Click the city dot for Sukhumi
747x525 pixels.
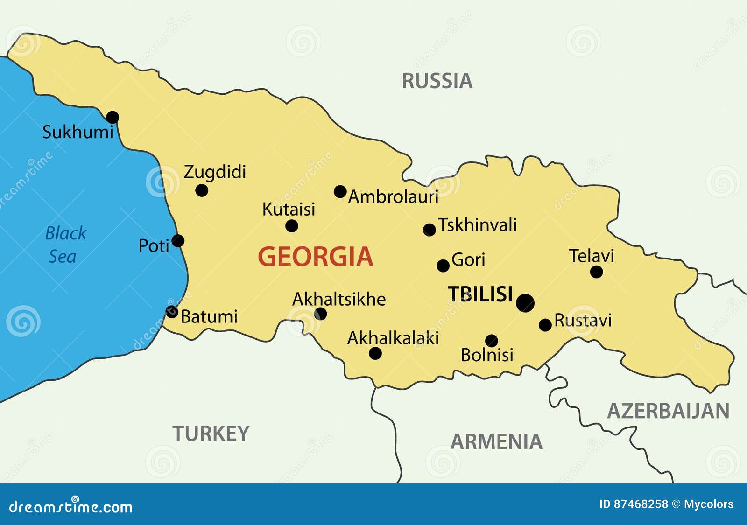click(x=113, y=117)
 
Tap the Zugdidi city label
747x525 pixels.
click(x=215, y=172)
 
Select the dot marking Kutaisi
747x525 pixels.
click(x=292, y=226)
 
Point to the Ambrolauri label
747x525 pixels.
click(x=393, y=197)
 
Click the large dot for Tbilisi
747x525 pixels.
click(x=525, y=303)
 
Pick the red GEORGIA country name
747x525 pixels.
click(x=316, y=257)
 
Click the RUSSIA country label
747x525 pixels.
click(x=437, y=81)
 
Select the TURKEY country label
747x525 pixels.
click(x=211, y=434)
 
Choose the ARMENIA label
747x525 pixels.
click(x=496, y=442)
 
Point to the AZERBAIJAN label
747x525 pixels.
click(x=668, y=412)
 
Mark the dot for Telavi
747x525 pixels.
click(x=596, y=272)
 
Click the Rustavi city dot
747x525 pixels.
click(x=545, y=325)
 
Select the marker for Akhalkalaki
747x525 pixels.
click(x=375, y=353)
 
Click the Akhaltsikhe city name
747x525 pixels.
click(x=339, y=300)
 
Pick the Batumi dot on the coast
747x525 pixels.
click(x=172, y=312)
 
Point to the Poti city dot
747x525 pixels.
click(x=178, y=241)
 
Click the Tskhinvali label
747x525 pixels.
click(x=477, y=225)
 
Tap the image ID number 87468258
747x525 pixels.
click(x=640, y=504)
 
